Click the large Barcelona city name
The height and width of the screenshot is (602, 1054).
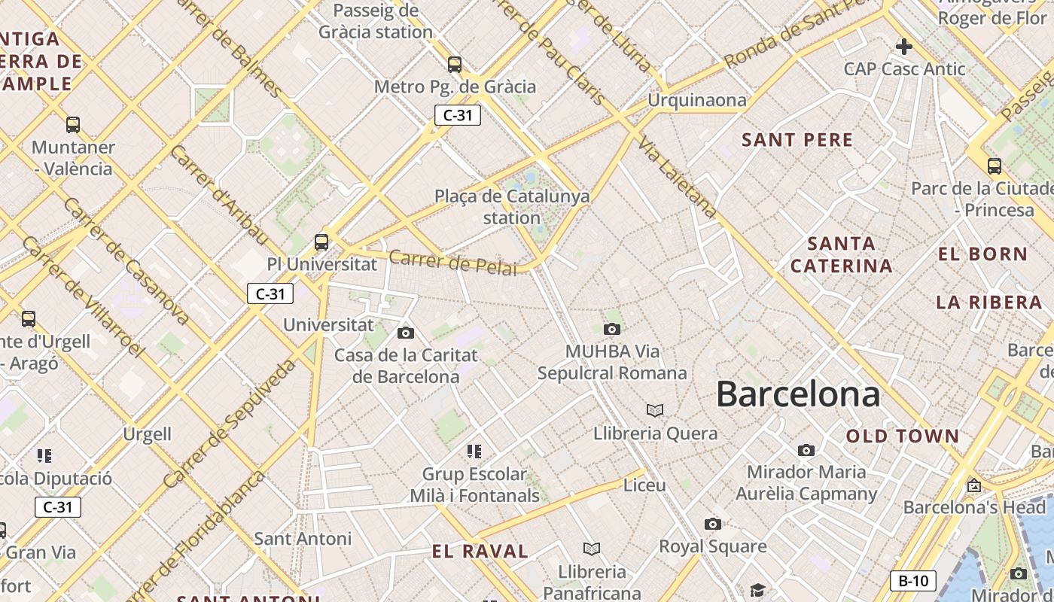(797, 394)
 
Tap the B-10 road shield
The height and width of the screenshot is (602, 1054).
(913, 581)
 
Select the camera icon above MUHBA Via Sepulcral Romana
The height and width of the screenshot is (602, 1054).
(612, 329)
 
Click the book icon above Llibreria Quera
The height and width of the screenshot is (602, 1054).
(655, 410)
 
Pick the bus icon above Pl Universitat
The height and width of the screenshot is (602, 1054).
(321, 242)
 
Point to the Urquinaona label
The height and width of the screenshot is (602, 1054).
(697, 100)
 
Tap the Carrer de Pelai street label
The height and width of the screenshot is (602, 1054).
(452, 263)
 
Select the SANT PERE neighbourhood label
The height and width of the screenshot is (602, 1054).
(797, 140)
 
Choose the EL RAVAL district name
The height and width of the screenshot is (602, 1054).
(480, 551)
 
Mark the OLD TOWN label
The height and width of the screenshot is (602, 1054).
(903, 436)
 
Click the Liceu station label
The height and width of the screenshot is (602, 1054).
(644, 485)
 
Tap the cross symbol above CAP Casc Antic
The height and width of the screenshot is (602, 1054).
(903, 47)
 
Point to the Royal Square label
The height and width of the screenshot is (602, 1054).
(712, 546)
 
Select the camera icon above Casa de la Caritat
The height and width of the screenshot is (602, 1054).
(405, 333)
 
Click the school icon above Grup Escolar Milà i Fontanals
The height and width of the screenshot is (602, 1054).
(474, 451)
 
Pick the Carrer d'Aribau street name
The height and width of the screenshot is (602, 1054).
(219, 194)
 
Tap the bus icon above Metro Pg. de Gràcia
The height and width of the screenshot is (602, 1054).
(454, 64)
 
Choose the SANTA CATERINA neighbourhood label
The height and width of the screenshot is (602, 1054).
(841, 254)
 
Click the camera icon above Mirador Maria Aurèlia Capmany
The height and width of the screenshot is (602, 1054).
(806, 450)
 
